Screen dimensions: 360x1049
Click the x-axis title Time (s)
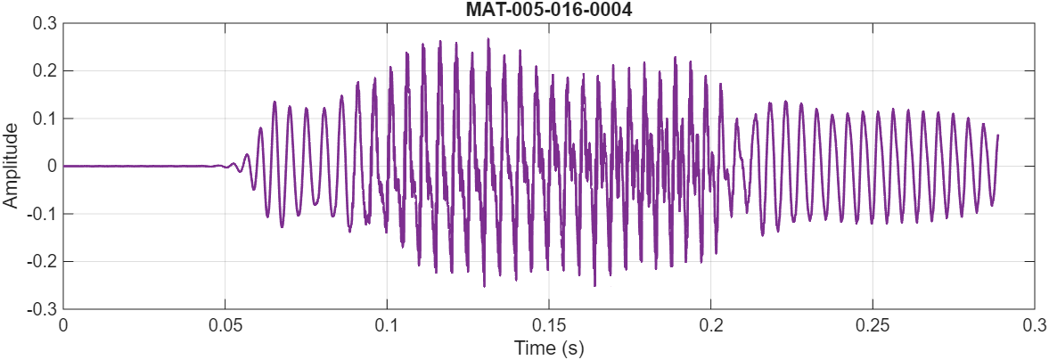tap(548, 348)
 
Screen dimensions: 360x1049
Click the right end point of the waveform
tap(997, 135)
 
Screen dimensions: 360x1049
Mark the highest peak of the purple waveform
tap(488, 39)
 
